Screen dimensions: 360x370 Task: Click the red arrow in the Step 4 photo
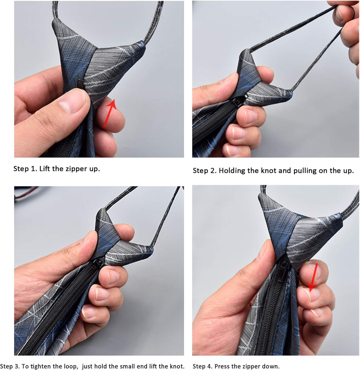(x=313, y=278)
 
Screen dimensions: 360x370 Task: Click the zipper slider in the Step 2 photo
(x=243, y=100)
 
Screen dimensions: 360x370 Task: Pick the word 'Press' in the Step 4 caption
(x=222, y=366)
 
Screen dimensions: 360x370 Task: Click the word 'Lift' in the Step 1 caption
(x=45, y=169)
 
